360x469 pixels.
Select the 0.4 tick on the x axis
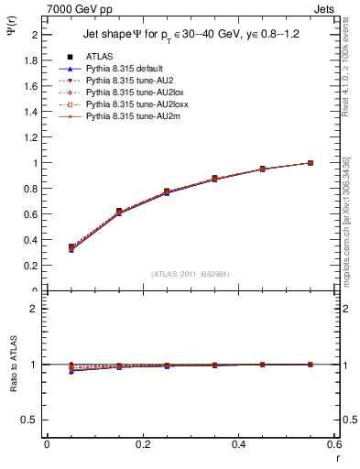pos(238,444)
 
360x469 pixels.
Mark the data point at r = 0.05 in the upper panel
pos(71,247)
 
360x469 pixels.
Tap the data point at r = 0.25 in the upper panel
pos(167,191)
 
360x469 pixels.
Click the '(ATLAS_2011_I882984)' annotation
pos(190,273)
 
